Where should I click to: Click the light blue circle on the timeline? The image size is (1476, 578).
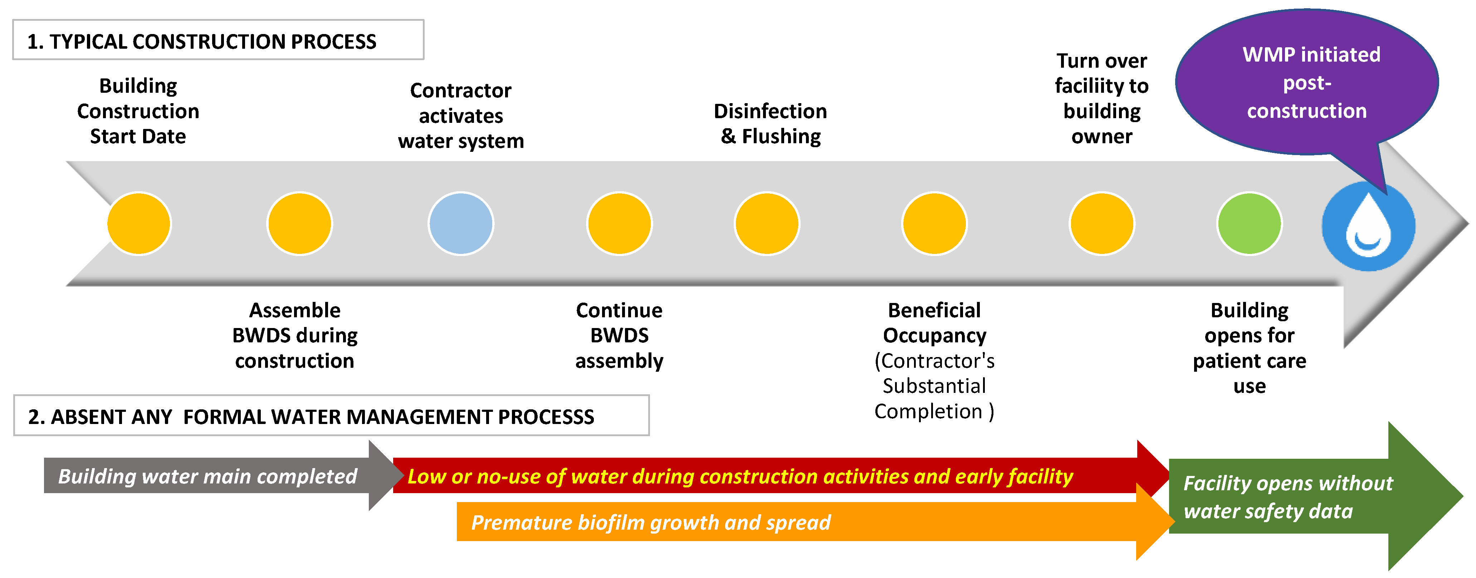[x=461, y=223]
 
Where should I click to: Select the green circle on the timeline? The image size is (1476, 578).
[x=1249, y=223]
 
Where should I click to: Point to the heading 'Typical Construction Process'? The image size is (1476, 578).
[x=202, y=41]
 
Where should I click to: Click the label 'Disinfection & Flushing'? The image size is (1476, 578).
[x=770, y=123]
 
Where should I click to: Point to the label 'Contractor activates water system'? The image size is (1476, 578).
[x=461, y=115]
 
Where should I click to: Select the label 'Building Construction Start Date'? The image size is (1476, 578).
[x=138, y=111]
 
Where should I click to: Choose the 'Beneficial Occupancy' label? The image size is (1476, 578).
[x=934, y=323]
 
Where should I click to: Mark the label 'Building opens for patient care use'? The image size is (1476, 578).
[x=1249, y=347]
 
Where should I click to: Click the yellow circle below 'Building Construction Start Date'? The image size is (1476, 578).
[x=139, y=223]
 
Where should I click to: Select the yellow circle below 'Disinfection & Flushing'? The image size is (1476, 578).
[x=767, y=223]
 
